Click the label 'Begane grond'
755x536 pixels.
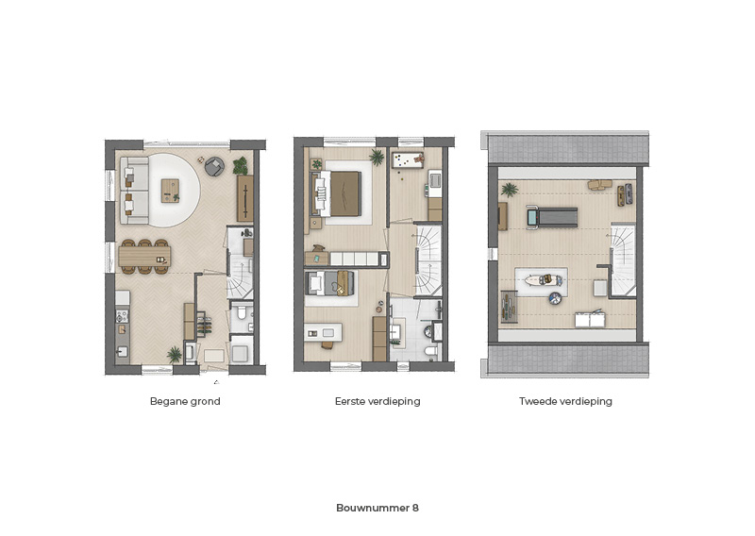pos(185,402)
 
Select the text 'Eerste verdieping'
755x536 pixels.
pos(377,402)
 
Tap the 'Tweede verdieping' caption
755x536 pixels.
pos(565,402)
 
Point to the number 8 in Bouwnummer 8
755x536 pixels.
pos(415,508)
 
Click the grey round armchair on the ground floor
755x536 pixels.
pos(214,167)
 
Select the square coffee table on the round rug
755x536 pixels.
pos(170,191)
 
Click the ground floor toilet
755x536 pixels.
pos(242,313)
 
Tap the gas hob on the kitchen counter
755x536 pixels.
pos(123,316)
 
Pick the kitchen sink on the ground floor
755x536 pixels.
pos(123,351)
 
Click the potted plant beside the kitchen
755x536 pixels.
pos(175,355)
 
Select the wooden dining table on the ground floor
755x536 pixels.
pos(145,256)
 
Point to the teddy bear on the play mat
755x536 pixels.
pos(418,159)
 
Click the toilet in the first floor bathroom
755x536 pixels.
pos(431,352)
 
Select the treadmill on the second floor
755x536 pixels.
pos(552,218)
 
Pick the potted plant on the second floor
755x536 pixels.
pos(510,190)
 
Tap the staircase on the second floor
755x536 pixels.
pos(624,260)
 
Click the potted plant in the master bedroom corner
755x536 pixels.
pos(377,157)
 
